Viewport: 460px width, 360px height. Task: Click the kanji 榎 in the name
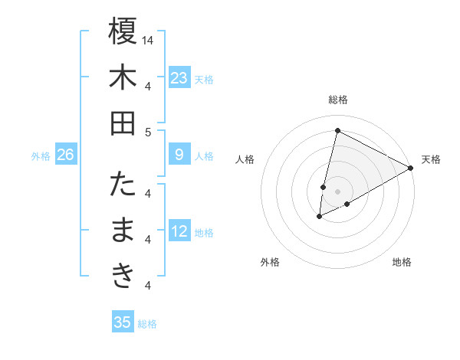[123, 32]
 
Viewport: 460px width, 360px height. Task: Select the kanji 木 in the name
[123, 77]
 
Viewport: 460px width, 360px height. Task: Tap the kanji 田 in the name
[123, 123]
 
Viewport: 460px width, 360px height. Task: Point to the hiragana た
[123, 185]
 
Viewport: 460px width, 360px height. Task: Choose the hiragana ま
[123, 231]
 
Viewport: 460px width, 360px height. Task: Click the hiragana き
[123, 277]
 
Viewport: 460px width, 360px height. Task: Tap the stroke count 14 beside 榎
[148, 39]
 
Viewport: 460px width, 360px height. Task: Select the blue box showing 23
[179, 77]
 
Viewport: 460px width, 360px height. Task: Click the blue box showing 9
[179, 155]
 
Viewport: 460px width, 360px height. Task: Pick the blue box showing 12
[179, 231]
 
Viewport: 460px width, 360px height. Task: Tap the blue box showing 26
[65, 155]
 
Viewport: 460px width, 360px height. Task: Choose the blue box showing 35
[123, 322]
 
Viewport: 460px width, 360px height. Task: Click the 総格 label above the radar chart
[337, 100]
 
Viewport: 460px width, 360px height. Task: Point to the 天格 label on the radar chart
[431, 159]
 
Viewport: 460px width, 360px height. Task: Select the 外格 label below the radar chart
[270, 262]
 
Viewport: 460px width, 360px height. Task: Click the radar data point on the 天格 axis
[412, 168]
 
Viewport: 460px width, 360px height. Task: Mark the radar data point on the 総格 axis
[337, 130]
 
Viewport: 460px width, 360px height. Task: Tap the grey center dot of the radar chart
[337, 191]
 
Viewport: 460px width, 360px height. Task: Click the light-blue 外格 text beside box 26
[41, 155]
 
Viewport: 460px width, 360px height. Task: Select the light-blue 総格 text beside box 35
[147, 323]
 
